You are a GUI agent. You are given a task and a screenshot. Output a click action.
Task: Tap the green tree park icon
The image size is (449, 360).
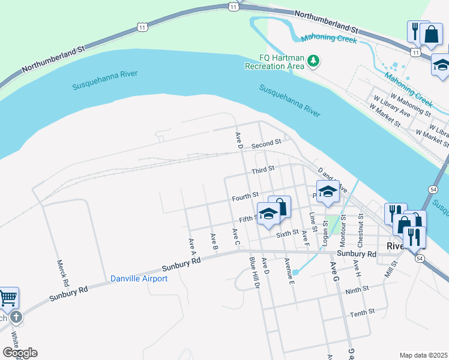point(313,61)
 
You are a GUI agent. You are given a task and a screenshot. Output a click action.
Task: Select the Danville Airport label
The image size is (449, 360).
point(139,278)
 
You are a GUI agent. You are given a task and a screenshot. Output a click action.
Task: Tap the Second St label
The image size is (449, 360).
point(266,144)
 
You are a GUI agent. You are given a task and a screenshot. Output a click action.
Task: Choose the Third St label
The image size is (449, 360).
point(263,170)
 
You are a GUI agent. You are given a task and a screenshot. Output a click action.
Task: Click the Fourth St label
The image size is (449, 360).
point(246,196)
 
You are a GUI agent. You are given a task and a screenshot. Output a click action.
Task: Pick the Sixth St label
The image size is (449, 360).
point(288,232)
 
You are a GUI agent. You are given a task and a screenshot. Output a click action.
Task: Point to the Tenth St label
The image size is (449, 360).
point(362,312)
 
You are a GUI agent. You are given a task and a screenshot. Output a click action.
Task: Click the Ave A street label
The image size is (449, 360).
point(193,242)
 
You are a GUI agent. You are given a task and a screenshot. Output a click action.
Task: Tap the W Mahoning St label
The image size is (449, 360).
point(411,104)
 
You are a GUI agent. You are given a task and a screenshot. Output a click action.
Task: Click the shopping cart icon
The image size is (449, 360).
point(8,297)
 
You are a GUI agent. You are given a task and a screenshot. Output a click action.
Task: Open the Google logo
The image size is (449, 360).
point(19,353)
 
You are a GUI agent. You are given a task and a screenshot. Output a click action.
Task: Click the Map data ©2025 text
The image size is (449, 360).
point(423,355)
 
